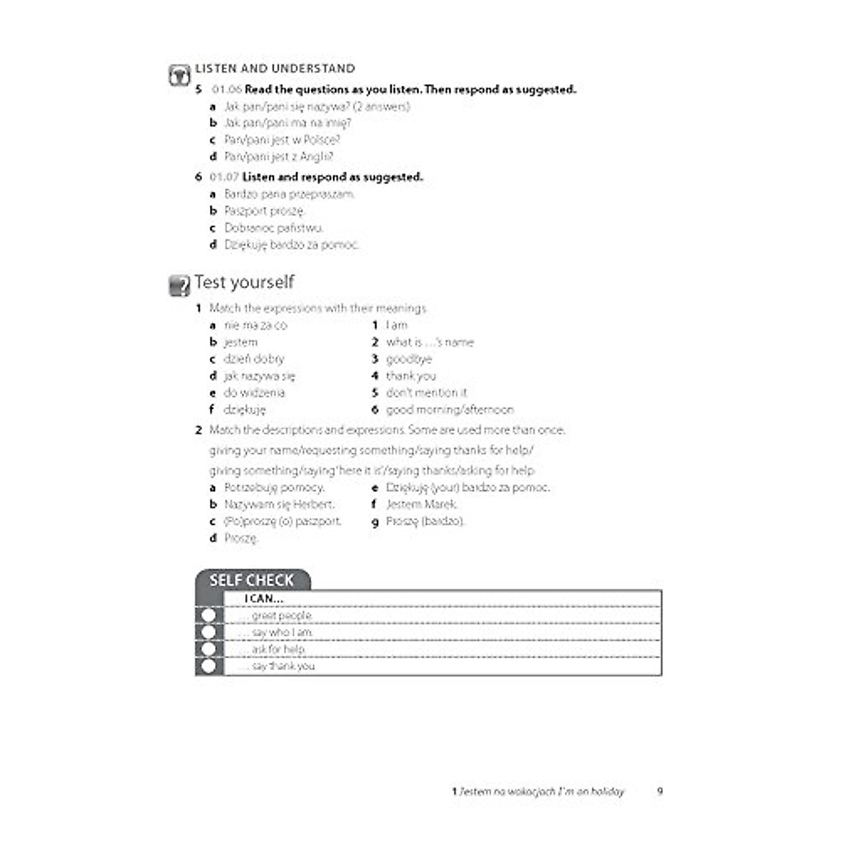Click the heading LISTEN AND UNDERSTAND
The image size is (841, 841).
point(275,69)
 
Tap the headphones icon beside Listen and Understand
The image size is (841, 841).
point(179,75)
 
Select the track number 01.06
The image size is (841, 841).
point(226,90)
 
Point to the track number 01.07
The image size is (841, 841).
point(224,177)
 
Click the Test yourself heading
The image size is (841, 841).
point(244,282)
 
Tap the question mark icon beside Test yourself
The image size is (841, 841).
point(179,285)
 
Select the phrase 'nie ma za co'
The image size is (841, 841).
point(255,325)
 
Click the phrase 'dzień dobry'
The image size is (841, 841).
point(254,359)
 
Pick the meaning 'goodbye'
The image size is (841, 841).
point(409,359)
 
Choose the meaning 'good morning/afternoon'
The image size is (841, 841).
point(449,410)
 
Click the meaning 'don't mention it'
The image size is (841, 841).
point(426,393)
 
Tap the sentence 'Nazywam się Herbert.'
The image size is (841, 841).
point(279,505)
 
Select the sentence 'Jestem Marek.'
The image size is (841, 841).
point(421,505)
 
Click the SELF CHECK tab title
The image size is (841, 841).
point(252,580)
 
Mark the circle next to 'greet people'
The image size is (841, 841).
point(208,616)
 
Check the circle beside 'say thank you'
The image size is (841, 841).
point(208,666)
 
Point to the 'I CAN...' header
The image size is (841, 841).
point(264,599)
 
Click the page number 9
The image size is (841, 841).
point(659,791)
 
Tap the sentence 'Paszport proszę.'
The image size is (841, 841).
point(264,211)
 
